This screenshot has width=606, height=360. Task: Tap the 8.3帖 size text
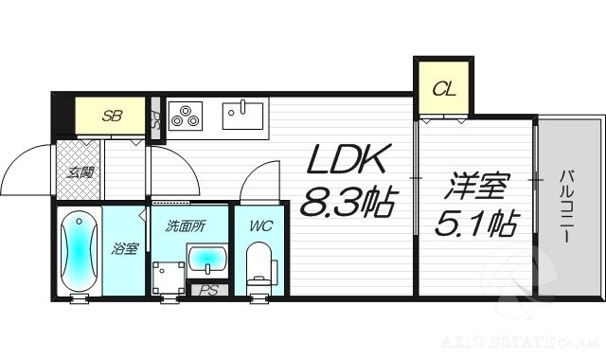(x=348, y=202)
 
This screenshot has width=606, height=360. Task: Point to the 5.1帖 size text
(x=475, y=225)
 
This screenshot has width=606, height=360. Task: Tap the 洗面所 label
(x=184, y=226)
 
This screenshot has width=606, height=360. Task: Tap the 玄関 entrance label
(x=80, y=172)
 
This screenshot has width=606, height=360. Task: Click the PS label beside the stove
(x=155, y=120)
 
